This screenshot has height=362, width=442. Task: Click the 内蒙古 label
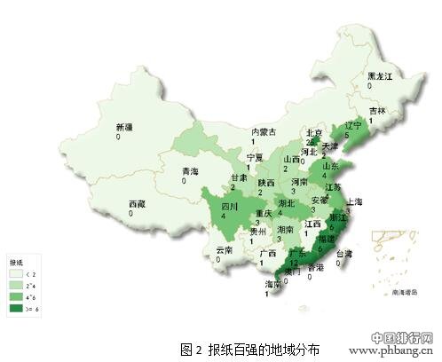tap(264, 132)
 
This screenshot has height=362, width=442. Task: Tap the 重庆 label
tap(264, 213)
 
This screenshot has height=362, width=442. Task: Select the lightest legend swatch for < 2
tap(17, 276)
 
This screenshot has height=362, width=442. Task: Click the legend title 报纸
tap(18, 264)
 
